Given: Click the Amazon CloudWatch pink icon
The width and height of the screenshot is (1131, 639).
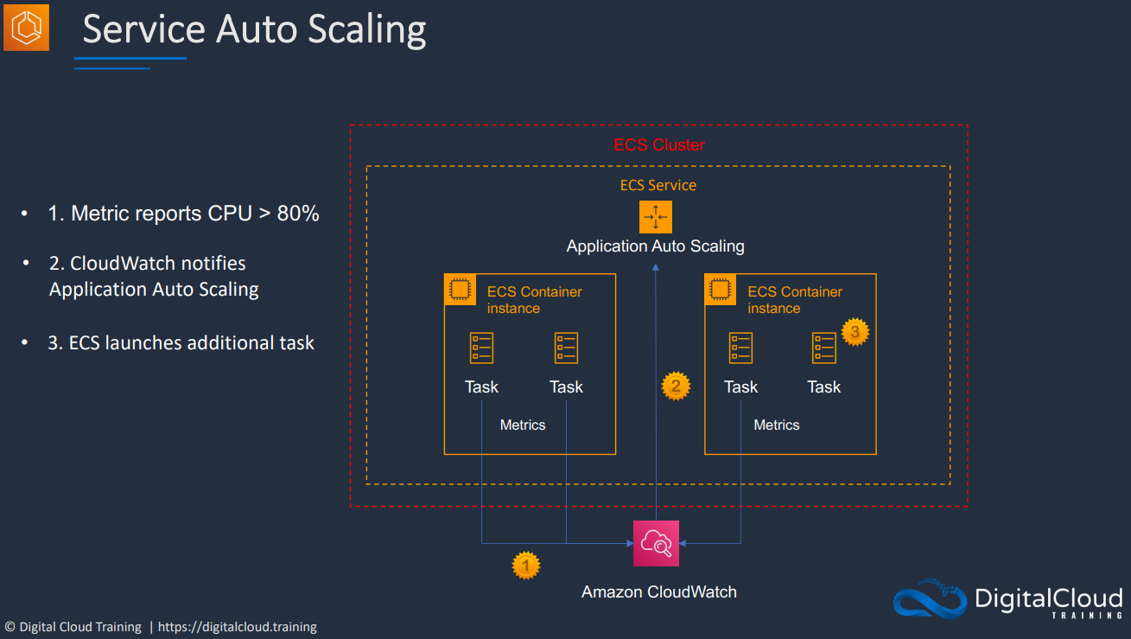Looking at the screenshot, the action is point(656,543).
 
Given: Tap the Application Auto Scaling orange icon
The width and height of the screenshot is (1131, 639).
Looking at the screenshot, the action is point(656,217).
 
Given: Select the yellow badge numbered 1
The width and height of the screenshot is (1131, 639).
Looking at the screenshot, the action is point(525,566).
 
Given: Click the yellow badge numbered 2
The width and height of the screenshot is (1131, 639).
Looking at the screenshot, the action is point(676,387).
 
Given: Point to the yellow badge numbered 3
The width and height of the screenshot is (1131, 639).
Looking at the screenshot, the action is point(855,332).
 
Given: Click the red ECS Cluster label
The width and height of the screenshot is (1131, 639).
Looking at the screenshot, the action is point(659,145).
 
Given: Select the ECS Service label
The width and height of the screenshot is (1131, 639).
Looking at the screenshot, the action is point(658,185).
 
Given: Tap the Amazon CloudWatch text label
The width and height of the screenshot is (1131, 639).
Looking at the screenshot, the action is point(659,592).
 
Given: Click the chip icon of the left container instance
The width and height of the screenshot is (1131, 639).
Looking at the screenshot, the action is point(460,290).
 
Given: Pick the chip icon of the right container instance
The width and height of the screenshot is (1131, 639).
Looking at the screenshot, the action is point(720,290).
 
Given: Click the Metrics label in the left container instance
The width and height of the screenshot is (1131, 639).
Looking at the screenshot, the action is point(523,425).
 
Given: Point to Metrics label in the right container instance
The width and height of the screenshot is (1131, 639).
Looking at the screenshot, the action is point(777,425).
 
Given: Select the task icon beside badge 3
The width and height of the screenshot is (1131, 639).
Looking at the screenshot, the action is point(824,348).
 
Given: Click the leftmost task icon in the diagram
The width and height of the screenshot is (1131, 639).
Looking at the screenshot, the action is point(481,348).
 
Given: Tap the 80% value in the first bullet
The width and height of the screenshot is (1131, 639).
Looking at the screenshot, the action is point(298,214).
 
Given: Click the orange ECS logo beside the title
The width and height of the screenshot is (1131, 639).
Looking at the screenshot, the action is point(26,28).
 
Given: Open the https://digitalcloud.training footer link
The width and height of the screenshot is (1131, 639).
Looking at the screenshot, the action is point(238,627).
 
